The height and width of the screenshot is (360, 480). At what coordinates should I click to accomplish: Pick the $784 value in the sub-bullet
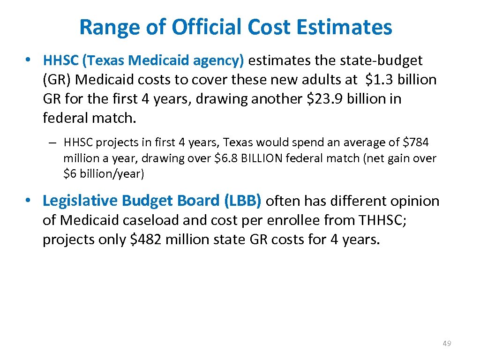coord(416,142)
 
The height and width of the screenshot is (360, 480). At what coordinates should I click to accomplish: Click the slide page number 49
coord(447,344)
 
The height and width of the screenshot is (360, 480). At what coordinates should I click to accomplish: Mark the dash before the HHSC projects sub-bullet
coord(55,142)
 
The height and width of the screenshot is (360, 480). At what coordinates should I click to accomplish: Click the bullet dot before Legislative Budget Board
coord(29,201)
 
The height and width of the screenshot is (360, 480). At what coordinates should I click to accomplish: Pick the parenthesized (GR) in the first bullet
coord(57,80)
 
